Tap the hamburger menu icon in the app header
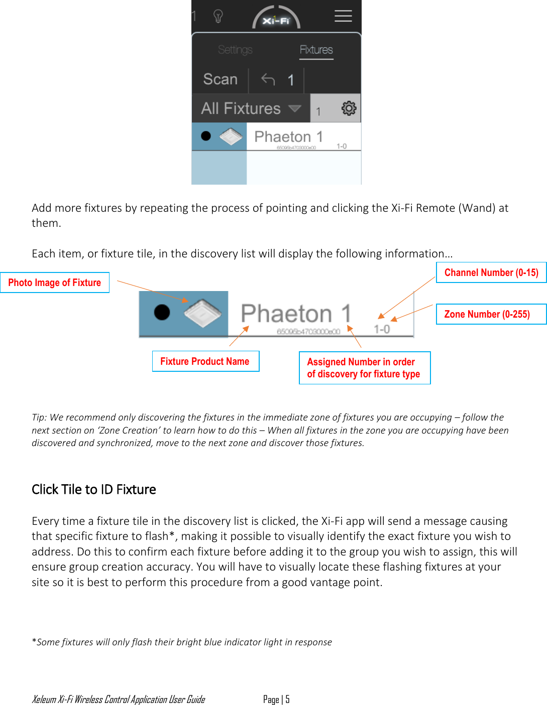pyautogui.click(x=343, y=16)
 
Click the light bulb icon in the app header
pyautogui.click(x=218, y=17)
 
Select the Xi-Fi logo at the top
pyautogui.click(x=276, y=19)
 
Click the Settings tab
pyautogui.click(x=235, y=50)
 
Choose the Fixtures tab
pyautogui.click(x=316, y=50)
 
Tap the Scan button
pyautogui.click(x=220, y=79)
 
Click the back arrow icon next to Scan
pyautogui.click(x=268, y=79)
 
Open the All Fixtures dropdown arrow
pyautogui.click(x=295, y=108)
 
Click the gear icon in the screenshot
pyautogui.click(x=349, y=108)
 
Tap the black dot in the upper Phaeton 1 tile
pyautogui.click(x=205, y=136)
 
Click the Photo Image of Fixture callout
pyautogui.click(x=55, y=283)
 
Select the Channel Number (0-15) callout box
pyautogui.click(x=491, y=272)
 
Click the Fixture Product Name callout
pyautogui.click(x=205, y=361)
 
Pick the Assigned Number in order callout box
pyautogui.click(x=364, y=368)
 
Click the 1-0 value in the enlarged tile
pyautogui.click(x=382, y=329)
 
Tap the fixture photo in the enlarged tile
pyautogui.click(x=202, y=313)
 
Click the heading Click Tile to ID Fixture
pyautogui.click(x=94, y=489)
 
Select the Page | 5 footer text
pyautogui.click(x=276, y=699)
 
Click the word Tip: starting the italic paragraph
pyautogui.click(x=39, y=417)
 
